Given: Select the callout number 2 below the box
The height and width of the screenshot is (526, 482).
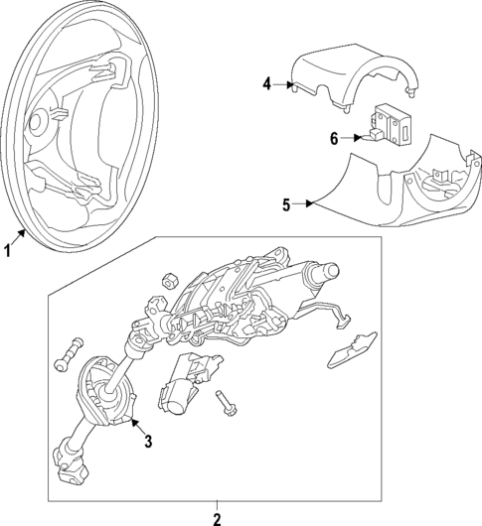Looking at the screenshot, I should pyautogui.click(x=218, y=516).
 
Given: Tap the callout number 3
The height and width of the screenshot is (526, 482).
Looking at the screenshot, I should pyautogui.click(x=147, y=440).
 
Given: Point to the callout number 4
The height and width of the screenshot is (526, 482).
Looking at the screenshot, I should pyautogui.click(x=266, y=84).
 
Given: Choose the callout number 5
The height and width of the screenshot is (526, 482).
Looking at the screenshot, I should pyautogui.click(x=286, y=205).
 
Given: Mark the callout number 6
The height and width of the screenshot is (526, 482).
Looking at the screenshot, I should pyautogui.click(x=334, y=140).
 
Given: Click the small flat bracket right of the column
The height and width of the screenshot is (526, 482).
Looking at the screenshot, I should pyautogui.click(x=350, y=344).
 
